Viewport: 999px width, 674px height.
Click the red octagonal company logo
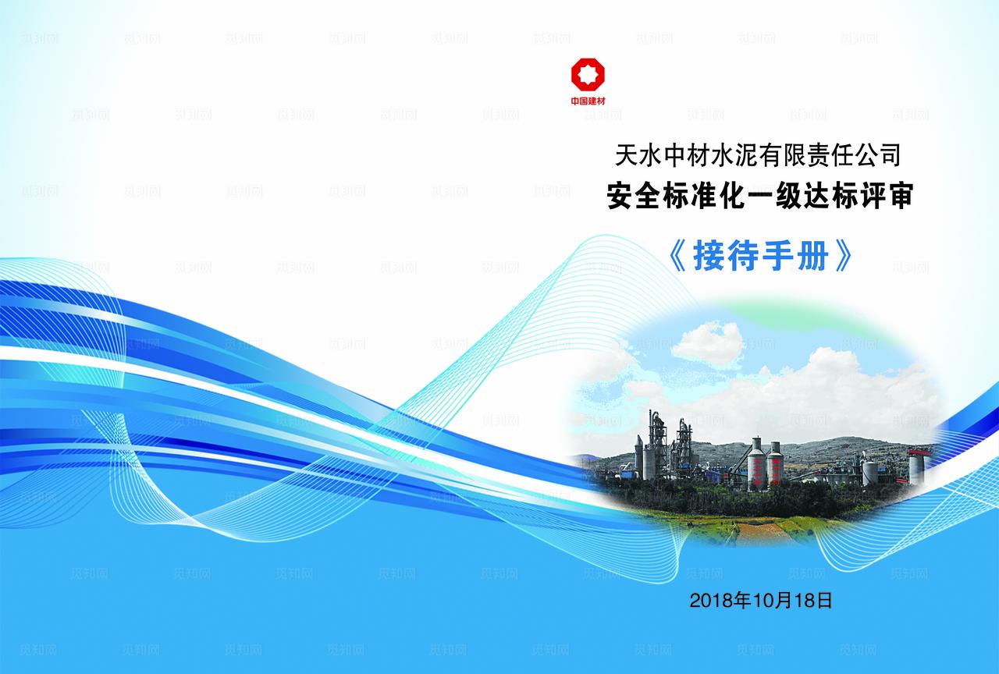click(588, 76)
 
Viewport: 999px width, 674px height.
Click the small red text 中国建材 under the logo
click(588, 101)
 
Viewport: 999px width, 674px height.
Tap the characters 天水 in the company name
click(629, 155)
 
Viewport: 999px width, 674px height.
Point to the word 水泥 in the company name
click(728, 155)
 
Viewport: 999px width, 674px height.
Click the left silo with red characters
click(755, 466)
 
